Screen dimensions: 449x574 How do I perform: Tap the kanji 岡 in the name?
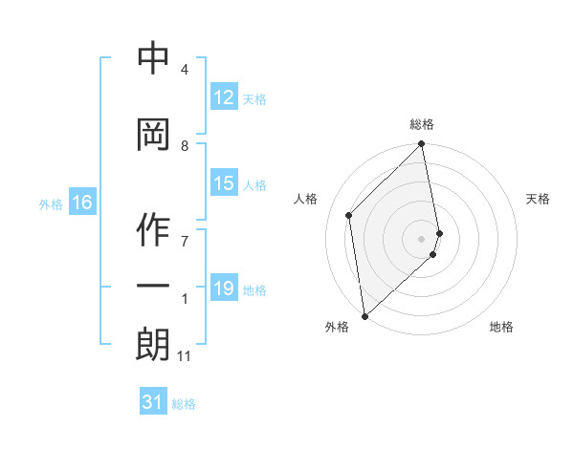pos(154,134)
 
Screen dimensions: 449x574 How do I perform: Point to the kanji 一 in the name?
pos(154,287)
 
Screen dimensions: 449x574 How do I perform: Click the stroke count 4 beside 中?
pos(185,70)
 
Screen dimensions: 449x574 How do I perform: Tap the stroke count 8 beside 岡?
pos(185,146)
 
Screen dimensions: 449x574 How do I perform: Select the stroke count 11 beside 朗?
pos(184,356)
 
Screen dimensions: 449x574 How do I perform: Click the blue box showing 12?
pos(224,97)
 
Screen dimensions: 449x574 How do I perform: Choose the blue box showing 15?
pos(224,183)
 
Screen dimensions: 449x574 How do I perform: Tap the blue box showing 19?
pos(224,289)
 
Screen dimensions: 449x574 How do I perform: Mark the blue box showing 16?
pos(82,203)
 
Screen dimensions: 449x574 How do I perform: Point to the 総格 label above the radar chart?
pos(422,124)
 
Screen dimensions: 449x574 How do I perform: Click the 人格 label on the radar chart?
pos(306,199)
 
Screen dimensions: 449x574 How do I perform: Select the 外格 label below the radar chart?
pos(337,327)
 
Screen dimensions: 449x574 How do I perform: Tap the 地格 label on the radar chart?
pos(501,327)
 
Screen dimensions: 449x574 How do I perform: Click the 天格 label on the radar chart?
pos(539,199)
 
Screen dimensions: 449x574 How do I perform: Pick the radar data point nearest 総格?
pos(422,145)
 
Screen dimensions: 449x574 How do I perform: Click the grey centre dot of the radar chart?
pos(422,238)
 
